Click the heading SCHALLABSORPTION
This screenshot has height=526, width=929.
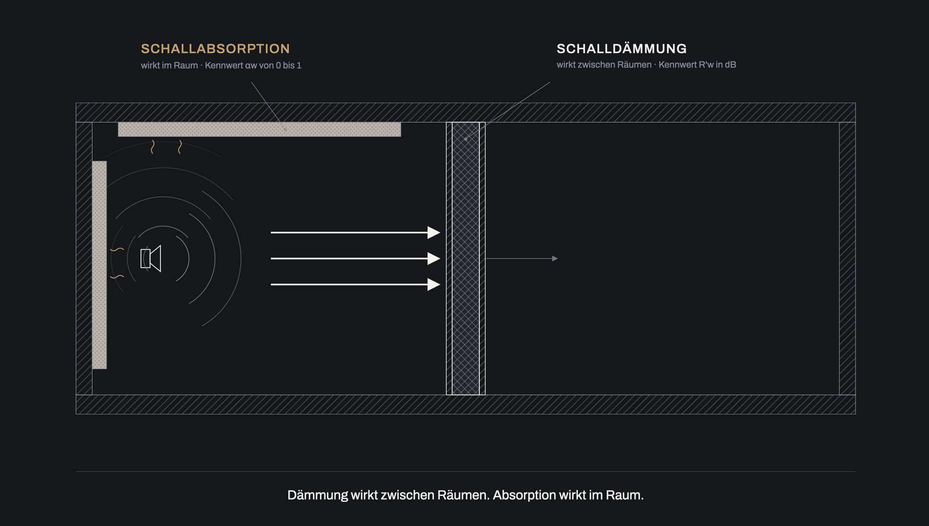215,49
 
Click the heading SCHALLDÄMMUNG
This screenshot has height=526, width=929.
622,49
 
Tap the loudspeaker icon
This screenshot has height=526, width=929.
151,258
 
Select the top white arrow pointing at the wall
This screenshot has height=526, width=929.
355,232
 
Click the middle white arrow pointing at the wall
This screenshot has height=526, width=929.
355,258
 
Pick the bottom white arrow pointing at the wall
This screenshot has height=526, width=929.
355,284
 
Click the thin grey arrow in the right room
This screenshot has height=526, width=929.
521,258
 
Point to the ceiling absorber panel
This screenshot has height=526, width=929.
259,129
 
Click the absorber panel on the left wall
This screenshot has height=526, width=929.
99,265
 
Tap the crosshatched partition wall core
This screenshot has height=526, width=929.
466,258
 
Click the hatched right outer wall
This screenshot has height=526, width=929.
847,258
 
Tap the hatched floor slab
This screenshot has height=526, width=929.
466,405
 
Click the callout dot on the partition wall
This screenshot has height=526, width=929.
466,139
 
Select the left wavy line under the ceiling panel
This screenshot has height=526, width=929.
153,147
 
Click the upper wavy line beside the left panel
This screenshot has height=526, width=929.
117,249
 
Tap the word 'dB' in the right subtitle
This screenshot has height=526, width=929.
730,65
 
